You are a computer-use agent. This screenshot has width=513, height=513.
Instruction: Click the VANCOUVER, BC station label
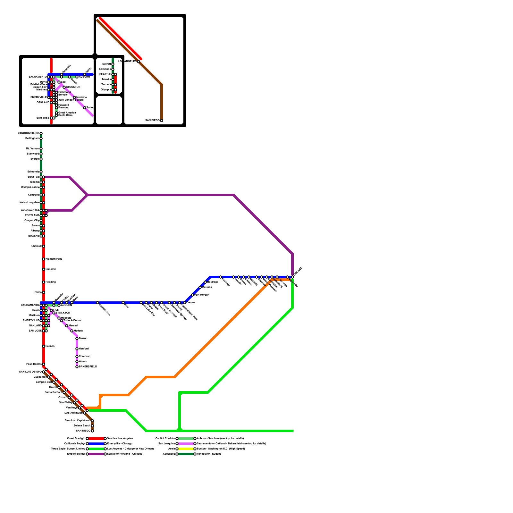click(x=29, y=133)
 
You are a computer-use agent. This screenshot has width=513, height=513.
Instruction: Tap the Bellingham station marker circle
click(x=41, y=139)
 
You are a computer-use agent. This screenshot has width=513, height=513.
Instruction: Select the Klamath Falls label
click(x=54, y=259)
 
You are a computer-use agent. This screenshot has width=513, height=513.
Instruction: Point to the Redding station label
click(x=51, y=282)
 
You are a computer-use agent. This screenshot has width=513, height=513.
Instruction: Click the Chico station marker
click(x=44, y=292)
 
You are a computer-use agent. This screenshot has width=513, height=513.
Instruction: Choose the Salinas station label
click(x=50, y=346)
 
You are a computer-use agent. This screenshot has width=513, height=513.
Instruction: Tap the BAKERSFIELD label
click(x=88, y=367)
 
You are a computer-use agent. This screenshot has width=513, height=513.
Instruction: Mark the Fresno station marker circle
click(x=77, y=339)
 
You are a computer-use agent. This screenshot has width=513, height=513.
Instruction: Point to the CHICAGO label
click(x=298, y=271)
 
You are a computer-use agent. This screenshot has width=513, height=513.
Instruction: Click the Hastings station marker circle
click(x=221, y=277)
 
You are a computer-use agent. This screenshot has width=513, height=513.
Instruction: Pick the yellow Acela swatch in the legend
click(x=186, y=449)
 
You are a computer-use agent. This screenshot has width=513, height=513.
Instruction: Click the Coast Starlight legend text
click(x=76, y=439)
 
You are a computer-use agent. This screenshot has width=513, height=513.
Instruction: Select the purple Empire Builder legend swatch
click(x=96, y=454)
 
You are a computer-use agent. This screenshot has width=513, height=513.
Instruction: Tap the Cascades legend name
click(x=169, y=454)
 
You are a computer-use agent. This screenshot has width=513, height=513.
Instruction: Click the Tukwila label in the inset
click(x=106, y=80)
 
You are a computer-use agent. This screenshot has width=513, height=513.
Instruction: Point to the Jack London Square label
click(x=71, y=100)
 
